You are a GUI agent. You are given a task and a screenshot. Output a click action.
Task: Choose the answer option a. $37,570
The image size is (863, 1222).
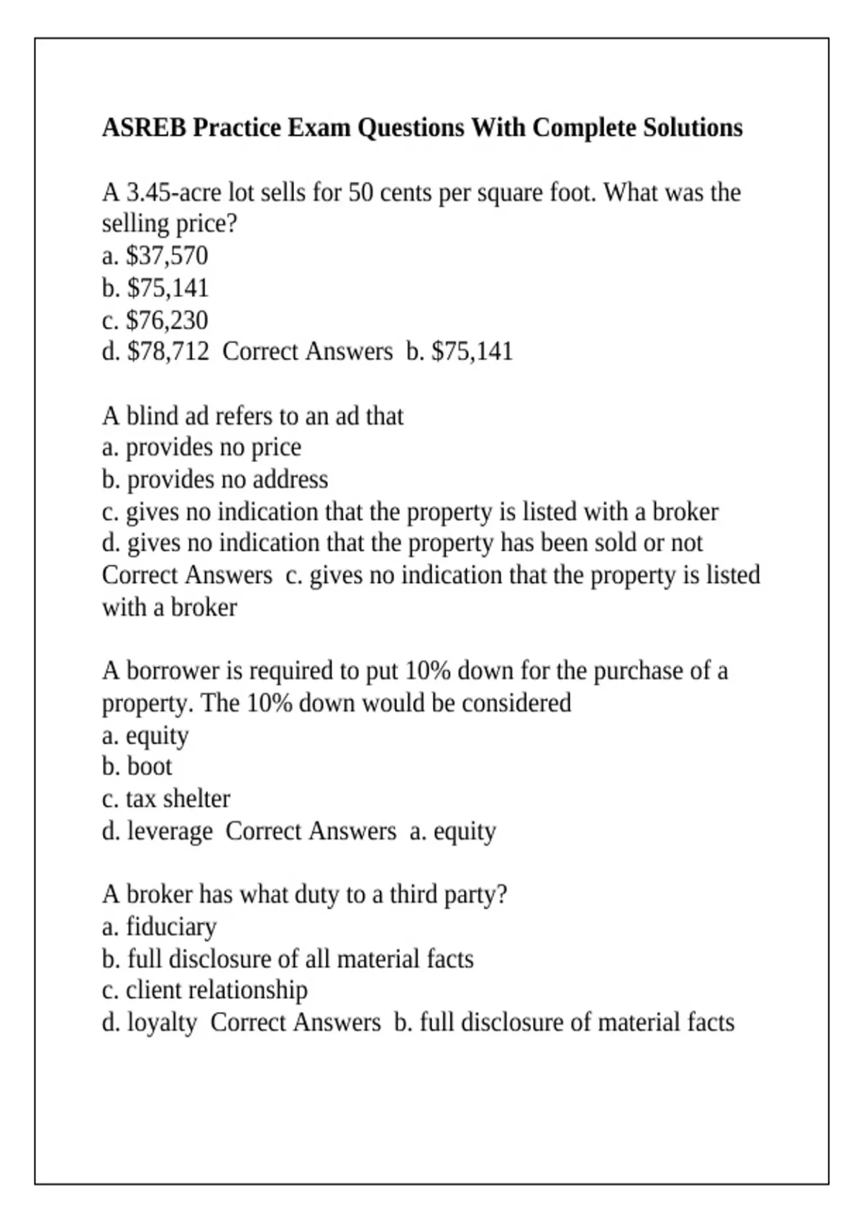pyautogui.click(x=155, y=256)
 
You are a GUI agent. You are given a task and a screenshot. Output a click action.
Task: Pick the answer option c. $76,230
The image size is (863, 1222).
pyautogui.click(x=155, y=320)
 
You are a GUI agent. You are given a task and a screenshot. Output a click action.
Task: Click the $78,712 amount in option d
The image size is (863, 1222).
pyautogui.click(x=168, y=352)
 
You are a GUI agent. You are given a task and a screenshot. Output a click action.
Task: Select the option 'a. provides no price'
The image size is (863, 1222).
pyautogui.click(x=201, y=447)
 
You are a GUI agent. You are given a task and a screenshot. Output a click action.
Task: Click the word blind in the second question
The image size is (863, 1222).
pyautogui.click(x=152, y=416)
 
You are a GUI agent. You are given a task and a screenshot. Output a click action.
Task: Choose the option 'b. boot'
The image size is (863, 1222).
pyautogui.click(x=137, y=766)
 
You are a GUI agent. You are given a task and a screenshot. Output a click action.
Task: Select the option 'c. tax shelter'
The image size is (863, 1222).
pyautogui.click(x=166, y=799)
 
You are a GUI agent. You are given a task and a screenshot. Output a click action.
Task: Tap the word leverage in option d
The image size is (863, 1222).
pyautogui.click(x=170, y=831)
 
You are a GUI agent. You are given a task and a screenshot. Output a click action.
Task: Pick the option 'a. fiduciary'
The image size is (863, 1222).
pyautogui.click(x=159, y=927)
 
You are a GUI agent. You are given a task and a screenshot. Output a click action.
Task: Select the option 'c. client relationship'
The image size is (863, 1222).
pyautogui.click(x=204, y=991)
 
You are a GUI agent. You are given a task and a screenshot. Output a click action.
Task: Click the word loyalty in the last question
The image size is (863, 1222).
pyautogui.click(x=162, y=1022)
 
